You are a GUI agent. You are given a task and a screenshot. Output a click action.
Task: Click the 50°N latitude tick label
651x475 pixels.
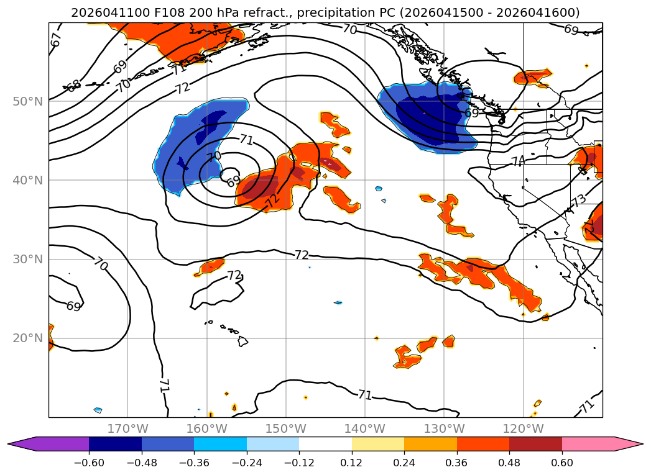click(x=27, y=102)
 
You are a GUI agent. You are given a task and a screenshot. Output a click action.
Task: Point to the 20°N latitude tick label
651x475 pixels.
click(x=27, y=338)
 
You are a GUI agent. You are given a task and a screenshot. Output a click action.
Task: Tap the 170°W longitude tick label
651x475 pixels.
click(x=127, y=428)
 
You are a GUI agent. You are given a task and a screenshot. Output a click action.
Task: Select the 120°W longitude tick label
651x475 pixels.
click(x=523, y=428)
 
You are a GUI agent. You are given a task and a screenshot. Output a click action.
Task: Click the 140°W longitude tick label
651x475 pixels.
click(x=365, y=428)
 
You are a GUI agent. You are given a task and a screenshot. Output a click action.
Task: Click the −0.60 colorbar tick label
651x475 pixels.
click(x=89, y=463)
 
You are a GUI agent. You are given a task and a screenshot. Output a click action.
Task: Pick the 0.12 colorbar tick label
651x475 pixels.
click(x=352, y=463)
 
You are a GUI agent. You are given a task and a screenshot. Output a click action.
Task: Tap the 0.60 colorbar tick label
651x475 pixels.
click(x=561, y=463)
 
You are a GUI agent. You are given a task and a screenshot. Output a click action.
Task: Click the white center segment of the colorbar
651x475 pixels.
click(x=326, y=444)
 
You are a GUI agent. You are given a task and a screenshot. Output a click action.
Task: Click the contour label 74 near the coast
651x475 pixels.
click(x=518, y=161)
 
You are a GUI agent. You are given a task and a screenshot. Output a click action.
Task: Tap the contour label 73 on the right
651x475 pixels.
click(x=579, y=201)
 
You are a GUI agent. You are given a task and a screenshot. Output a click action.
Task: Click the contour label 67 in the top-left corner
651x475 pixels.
click(x=56, y=40)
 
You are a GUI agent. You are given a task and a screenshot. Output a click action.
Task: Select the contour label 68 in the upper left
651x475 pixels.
click(x=73, y=86)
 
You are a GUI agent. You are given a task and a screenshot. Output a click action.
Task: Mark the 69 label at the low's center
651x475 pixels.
click(x=233, y=180)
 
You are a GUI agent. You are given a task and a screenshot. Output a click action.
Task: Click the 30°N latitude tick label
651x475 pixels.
click(x=27, y=260)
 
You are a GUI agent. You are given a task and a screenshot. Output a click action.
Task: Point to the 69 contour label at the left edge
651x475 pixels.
click(x=73, y=306)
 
